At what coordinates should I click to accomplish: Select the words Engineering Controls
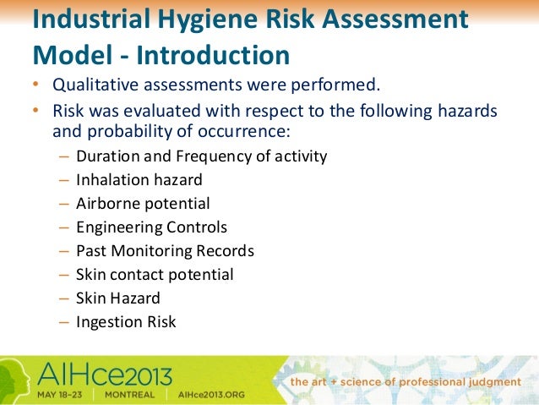pos(151,227)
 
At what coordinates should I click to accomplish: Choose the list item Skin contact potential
pos(155,275)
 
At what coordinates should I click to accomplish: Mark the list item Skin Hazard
pos(117,298)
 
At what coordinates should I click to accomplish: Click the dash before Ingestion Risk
pos(66,322)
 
